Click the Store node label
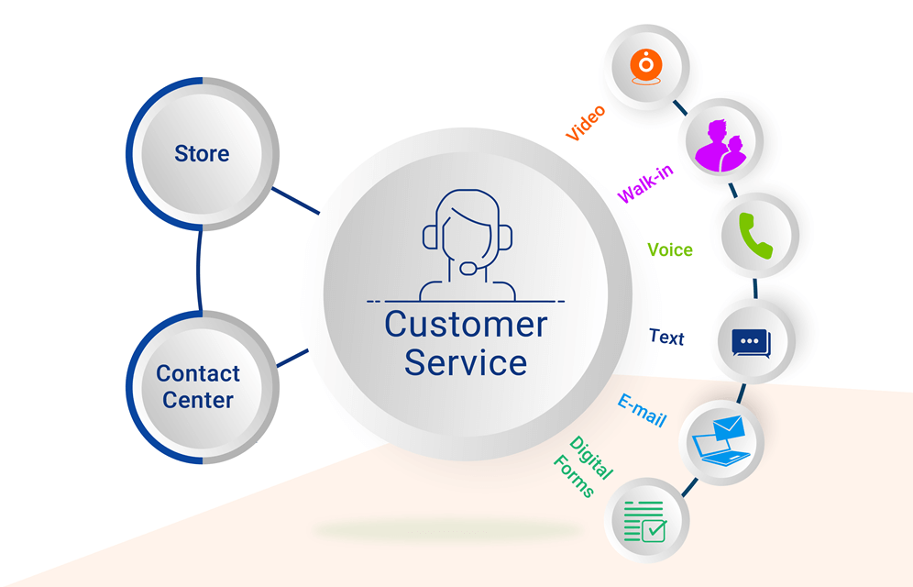(202, 153)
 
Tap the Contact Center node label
(198, 387)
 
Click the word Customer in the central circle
(466, 324)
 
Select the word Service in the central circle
(466, 361)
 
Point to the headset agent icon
(467, 245)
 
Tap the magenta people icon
(721, 145)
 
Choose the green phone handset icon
(758, 235)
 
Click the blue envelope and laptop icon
(724, 441)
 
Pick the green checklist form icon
(645, 520)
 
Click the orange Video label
(586, 124)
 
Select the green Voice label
(670, 249)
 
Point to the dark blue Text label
(666, 337)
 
